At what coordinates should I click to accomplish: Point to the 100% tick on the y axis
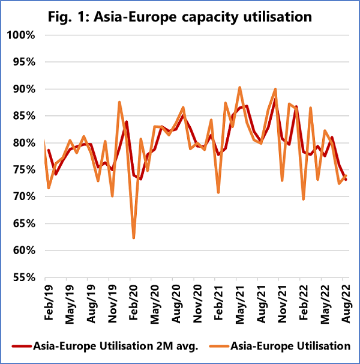click(23, 35)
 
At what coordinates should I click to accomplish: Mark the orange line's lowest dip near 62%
click(134, 238)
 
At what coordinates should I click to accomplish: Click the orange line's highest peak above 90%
click(240, 88)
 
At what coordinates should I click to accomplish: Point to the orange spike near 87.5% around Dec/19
click(119, 103)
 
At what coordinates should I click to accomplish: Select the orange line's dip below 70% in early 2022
click(304, 199)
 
